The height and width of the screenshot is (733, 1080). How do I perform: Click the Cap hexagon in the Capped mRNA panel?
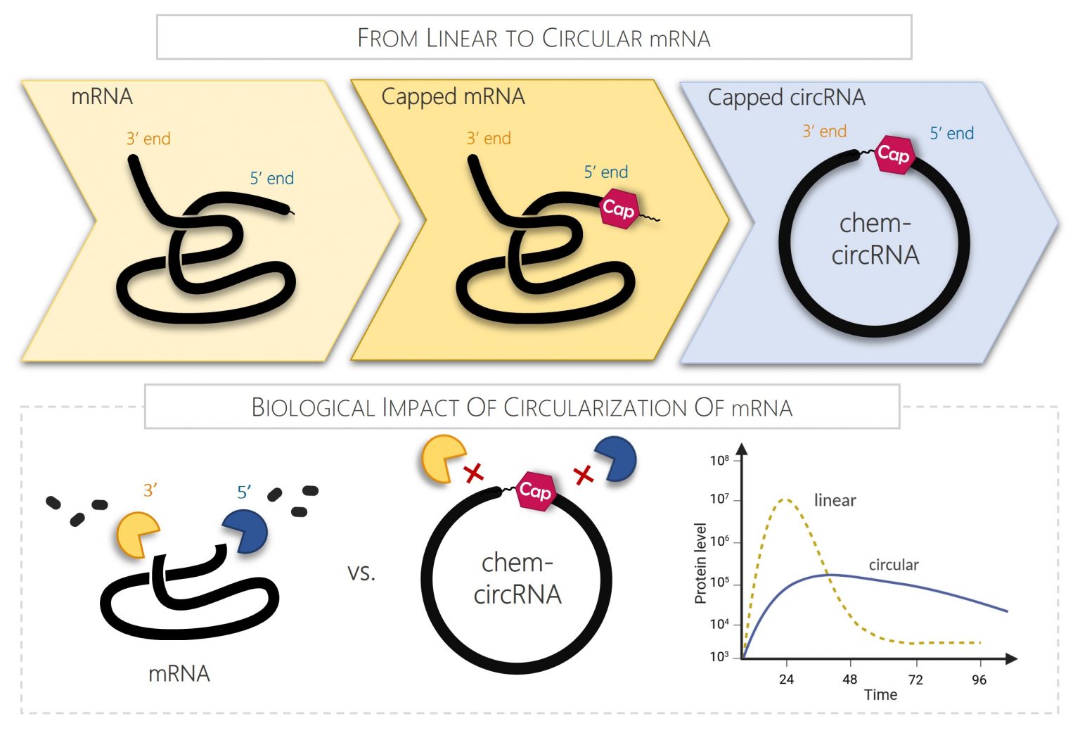618,209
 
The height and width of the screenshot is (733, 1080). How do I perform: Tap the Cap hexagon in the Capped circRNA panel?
893,154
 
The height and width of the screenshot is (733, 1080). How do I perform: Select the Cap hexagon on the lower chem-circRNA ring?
535,491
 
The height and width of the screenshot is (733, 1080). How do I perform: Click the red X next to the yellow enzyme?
474,473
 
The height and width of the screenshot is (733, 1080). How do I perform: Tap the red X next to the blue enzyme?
584,476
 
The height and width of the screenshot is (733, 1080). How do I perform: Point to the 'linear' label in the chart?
835,501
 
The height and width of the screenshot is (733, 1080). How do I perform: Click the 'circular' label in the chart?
893,565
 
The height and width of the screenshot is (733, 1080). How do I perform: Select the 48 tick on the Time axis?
850,680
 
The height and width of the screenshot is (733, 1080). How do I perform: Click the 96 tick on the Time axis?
979,680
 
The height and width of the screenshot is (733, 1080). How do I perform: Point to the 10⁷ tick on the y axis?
720,499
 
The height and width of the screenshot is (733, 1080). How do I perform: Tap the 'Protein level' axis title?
700,563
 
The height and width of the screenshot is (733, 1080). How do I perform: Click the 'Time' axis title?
880,695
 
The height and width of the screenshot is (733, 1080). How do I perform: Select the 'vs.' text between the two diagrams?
361,573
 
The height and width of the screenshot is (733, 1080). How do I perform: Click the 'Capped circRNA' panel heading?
786,97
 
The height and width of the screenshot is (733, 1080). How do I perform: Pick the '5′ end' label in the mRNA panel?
272,179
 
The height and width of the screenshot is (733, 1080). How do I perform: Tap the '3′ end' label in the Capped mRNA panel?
489,139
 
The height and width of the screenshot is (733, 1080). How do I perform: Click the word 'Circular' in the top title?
592,38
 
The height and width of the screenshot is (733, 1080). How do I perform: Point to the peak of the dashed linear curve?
786,499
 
